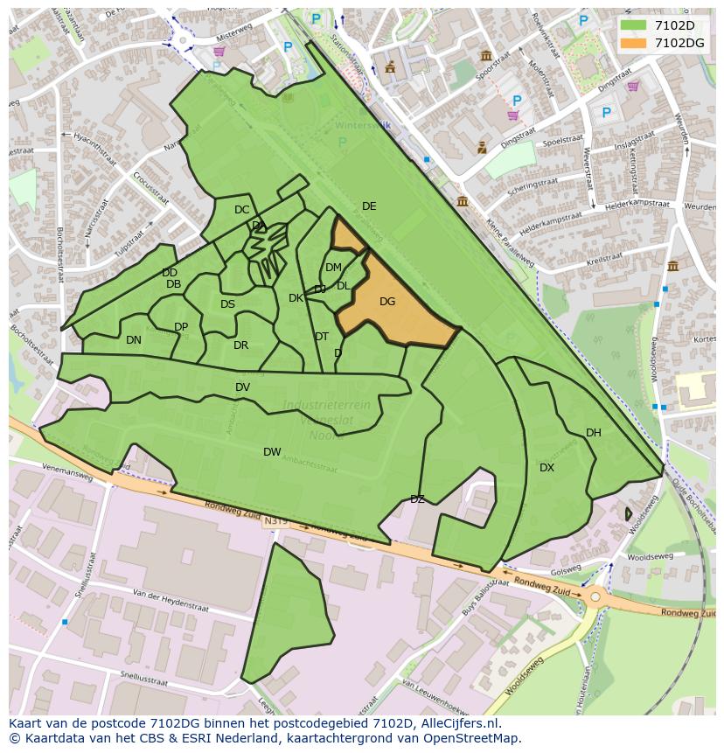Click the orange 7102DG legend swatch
[634, 43]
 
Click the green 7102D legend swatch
[634, 25]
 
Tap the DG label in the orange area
[387, 302]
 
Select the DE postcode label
[369, 206]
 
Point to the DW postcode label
[272, 452]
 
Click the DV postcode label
[242, 387]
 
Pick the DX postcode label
[546, 468]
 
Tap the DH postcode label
[594, 433]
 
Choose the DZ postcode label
[417, 499]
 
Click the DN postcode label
[133, 340]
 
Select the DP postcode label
[181, 327]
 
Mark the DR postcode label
[240, 345]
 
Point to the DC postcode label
[241, 210]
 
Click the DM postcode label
[333, 268]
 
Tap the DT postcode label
[321, 337]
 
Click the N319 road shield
[274, 521]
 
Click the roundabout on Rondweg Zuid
[595, 597]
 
